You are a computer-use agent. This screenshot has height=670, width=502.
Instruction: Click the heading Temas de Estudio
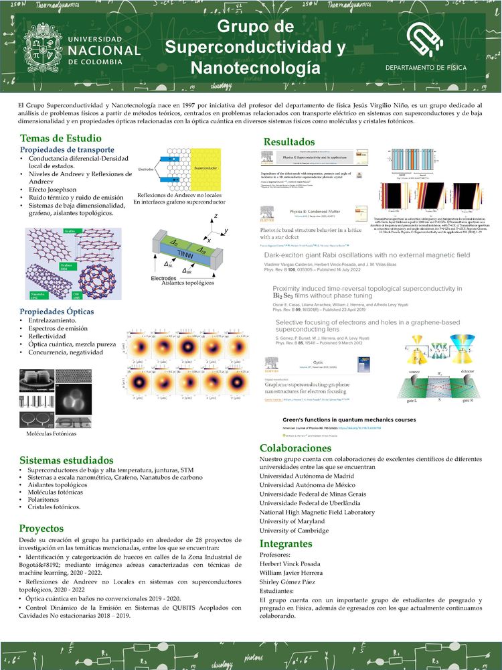[x=56, y=137]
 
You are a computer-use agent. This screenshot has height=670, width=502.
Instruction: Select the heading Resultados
[x=288, y=141]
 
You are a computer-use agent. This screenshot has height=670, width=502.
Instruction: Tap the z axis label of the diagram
[x=216, y=217]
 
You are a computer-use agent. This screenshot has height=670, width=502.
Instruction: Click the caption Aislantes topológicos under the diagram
[x=193, y=283]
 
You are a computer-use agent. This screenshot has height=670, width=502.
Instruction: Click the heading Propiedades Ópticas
[x=56, y=312]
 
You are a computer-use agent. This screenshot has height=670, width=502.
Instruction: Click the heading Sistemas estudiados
[x=66, y=461]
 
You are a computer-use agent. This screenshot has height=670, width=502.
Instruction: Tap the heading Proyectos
[x=41, y=528]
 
